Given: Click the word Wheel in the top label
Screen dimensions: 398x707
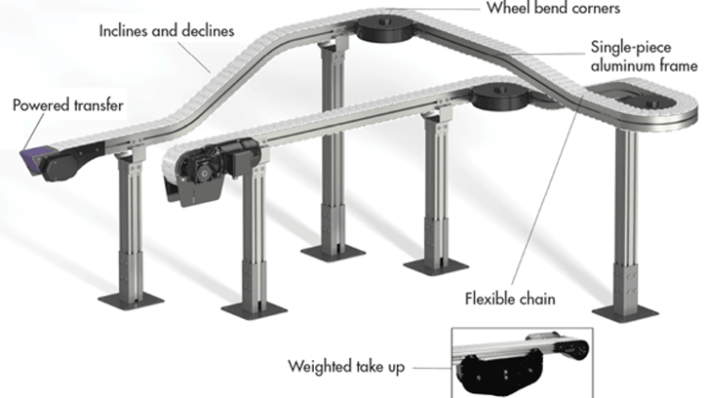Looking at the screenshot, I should click(x=510, y=8).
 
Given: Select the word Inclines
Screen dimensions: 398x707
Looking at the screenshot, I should click(x=126, y=31).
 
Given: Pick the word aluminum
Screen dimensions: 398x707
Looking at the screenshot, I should click(x=626, y=66).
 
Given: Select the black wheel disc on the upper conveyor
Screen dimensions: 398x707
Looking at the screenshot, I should click(x=386, y=26).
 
